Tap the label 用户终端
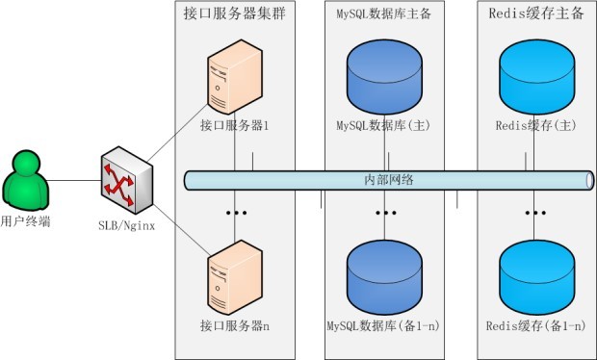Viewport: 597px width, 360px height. [x=27, y=222]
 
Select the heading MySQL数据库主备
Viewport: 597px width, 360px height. [x=383, y=15]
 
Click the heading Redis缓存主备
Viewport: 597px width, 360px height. [x=536, y=15]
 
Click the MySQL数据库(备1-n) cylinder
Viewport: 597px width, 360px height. [x=384, y=273]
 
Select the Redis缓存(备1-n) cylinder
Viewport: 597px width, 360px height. [x=535, y=273]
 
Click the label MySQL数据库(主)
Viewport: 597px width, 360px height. [x=383, y=126]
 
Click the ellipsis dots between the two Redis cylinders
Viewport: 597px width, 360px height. [x=535, y=211]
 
